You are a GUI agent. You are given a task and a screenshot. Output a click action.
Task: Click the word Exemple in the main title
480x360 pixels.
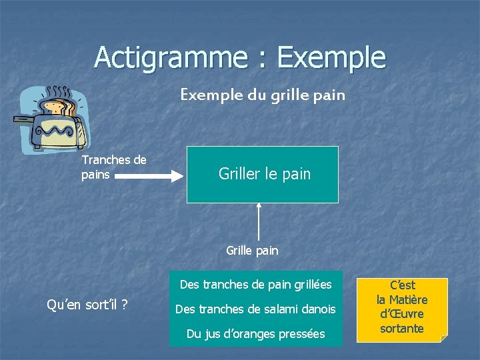coord(331,57)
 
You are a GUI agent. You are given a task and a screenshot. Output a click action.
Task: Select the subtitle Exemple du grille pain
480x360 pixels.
coord(263,95)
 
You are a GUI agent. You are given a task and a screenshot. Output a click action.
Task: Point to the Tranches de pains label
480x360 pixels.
coord(113,167)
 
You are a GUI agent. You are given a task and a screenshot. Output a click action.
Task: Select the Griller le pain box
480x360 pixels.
coord(263,175)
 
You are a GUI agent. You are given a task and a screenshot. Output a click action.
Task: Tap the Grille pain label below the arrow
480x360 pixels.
coord(252,251)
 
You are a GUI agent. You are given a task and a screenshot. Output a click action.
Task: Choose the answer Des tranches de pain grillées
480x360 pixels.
coord(255,285)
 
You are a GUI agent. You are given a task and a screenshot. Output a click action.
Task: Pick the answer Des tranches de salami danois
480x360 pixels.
coord(255,309)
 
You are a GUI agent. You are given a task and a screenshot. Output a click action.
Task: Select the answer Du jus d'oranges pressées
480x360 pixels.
coord(255,333)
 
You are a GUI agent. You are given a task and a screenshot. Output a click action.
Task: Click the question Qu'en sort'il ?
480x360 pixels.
coord(87,305)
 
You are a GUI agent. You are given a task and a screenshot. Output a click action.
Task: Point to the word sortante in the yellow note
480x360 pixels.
coord(401,328)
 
